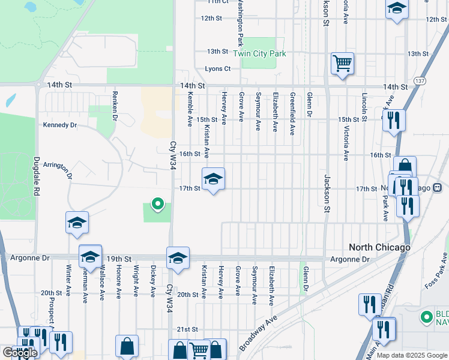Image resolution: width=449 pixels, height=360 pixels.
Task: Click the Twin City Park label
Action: (x=259, y=53)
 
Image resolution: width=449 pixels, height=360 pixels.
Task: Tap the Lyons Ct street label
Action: (x=218, y=69)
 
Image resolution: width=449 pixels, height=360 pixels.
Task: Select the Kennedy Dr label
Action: (x=60, y=125)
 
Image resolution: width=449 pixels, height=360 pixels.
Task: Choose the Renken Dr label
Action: (x=113, y=106)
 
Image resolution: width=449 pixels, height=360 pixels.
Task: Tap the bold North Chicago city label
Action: (x=380, y=247)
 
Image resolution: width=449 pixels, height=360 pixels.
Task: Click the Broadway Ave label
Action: (x=259, y=333)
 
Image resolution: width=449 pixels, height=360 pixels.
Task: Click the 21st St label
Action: (x=191, y=329)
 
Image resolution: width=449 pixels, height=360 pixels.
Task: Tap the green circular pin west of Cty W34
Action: (x=158, y=205)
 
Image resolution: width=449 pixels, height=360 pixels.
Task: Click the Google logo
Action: (x=19, y=353)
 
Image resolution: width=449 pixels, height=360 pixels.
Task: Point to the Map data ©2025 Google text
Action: (x=412, y=355)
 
